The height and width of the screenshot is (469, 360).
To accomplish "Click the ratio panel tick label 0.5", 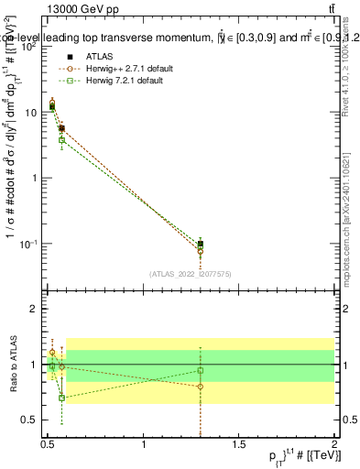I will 31,420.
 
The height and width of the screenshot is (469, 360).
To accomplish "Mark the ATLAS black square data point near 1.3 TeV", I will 200,244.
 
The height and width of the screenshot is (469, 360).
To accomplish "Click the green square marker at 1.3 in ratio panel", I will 200,371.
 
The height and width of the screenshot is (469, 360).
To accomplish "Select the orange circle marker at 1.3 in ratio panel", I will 200,386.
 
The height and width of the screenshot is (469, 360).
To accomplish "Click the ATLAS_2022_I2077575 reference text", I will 190,273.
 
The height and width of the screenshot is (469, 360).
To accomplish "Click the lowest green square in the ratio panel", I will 61,398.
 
